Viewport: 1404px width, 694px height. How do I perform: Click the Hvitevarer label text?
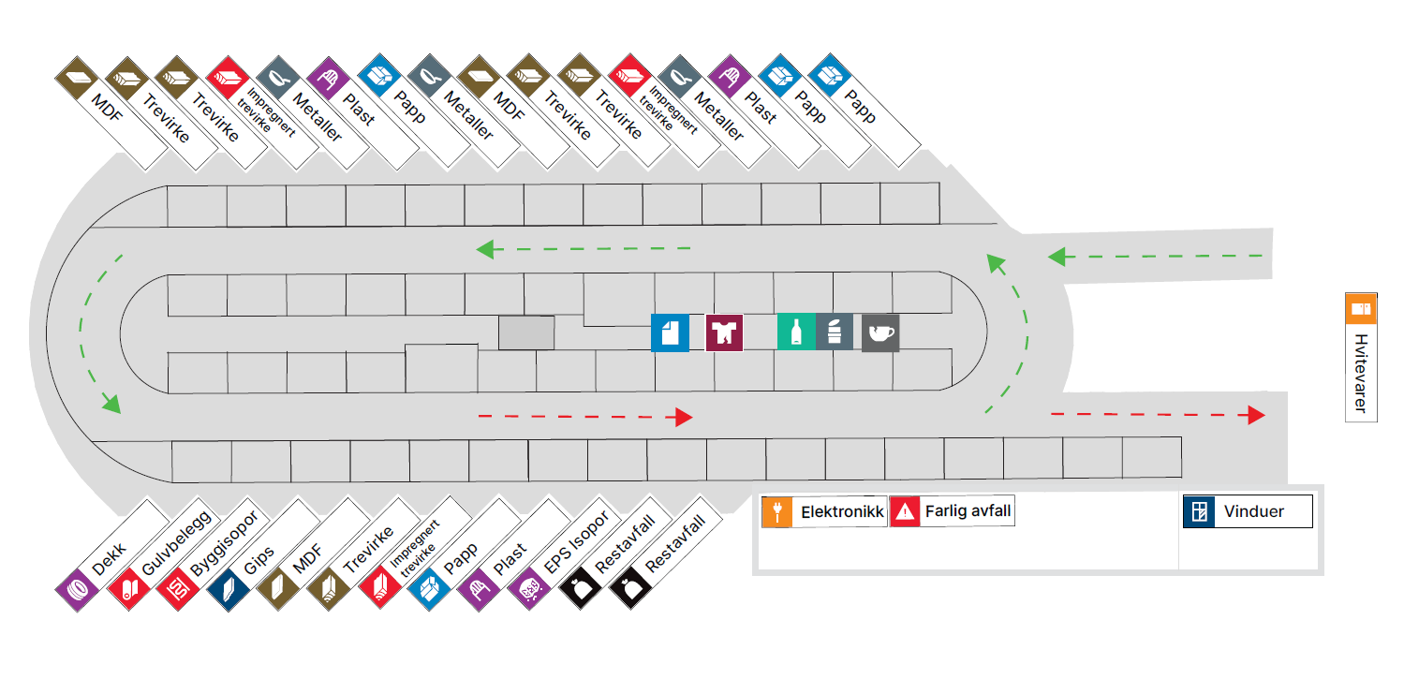(1361, 373)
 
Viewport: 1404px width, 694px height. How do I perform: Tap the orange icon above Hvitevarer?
(1361, 308)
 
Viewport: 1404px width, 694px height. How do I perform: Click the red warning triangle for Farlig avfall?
(906, 511)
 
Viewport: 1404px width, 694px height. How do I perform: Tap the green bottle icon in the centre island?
(795, 332)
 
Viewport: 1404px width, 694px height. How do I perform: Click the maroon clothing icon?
(724, 332)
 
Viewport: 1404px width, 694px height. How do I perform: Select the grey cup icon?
(880, 332)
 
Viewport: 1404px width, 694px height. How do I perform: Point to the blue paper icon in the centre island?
(670, 332)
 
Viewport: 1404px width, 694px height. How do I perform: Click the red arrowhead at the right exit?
(1257, 415)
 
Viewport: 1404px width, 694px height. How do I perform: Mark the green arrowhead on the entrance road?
(1057, 256)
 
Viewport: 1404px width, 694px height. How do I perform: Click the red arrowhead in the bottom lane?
(684, 417)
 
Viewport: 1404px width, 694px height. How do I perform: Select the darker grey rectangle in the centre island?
(525, 332)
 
